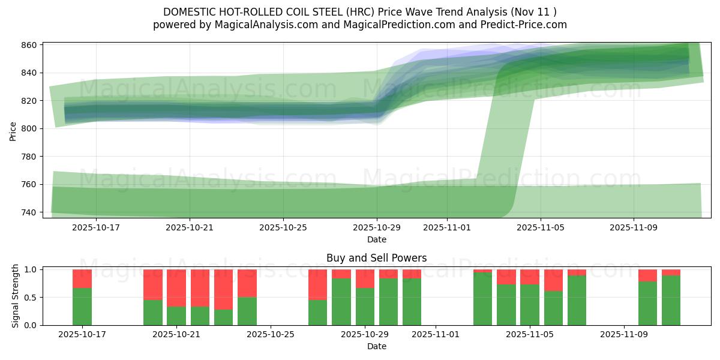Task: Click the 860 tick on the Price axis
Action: [30, 45]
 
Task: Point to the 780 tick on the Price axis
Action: [30, 157]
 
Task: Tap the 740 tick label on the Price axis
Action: [30, 212]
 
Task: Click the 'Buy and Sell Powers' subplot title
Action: [376, 258]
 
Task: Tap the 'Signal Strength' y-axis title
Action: [16, 296]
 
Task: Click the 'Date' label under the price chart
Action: [376, 239]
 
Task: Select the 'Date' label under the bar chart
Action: [376, 346]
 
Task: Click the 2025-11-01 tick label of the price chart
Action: [446, 228]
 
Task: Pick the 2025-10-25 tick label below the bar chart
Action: [271, 335]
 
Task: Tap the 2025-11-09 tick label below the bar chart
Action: [624, 335]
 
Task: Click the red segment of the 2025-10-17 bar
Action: [82, 278]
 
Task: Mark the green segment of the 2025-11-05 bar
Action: [530, 305]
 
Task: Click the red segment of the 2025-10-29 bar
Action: [365, 278]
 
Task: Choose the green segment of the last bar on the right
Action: [671, 300]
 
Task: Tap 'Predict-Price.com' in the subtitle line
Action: [526, 25]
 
